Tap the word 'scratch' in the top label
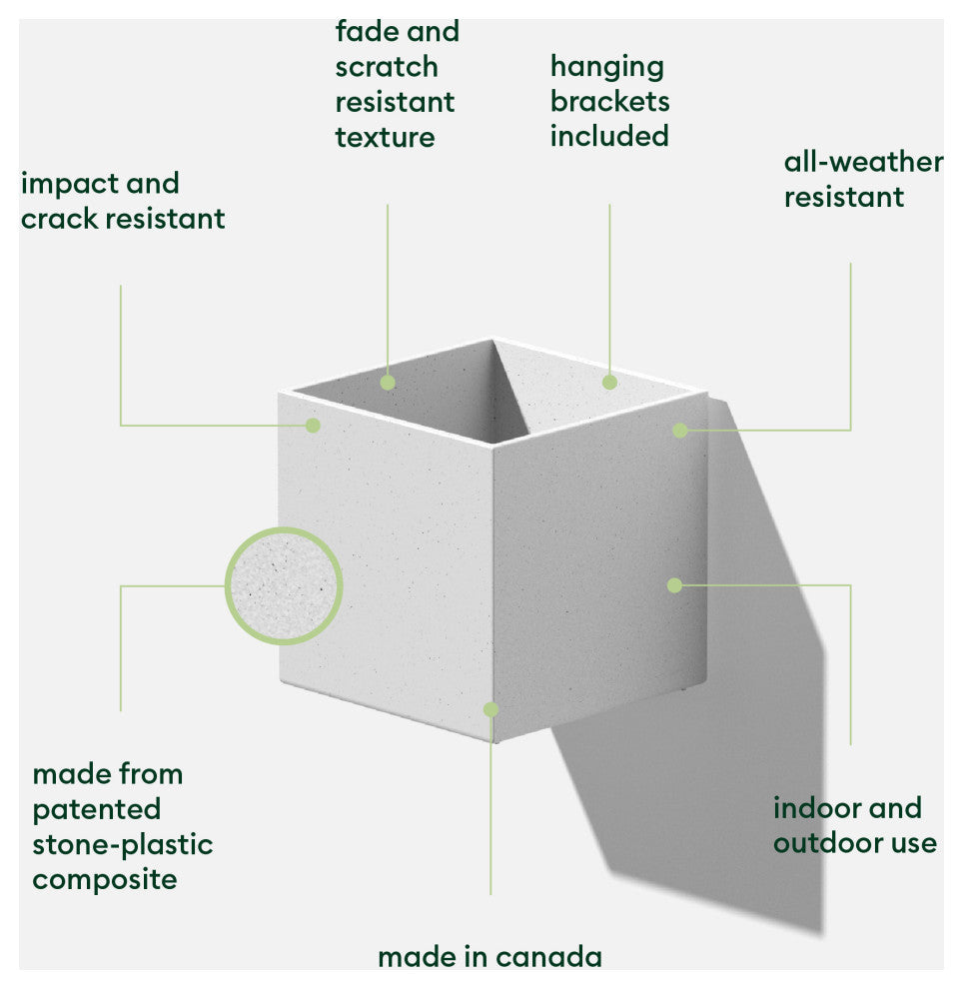(387, 67)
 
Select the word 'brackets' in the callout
(609, 102)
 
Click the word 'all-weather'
(863, 162)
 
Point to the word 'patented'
(96, 809)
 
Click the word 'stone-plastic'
(122, 844)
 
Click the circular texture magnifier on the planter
(284, 586)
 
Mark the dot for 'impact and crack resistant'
(313, 425)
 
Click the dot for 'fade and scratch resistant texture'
(388, 382)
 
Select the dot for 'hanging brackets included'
(609, 382)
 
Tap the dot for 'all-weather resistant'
(680, 430)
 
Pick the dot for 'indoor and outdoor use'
(674, 585)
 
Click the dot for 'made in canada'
(490, 709)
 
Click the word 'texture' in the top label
(385, 137)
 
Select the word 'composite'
(105, 879)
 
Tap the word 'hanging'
(606, 67)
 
